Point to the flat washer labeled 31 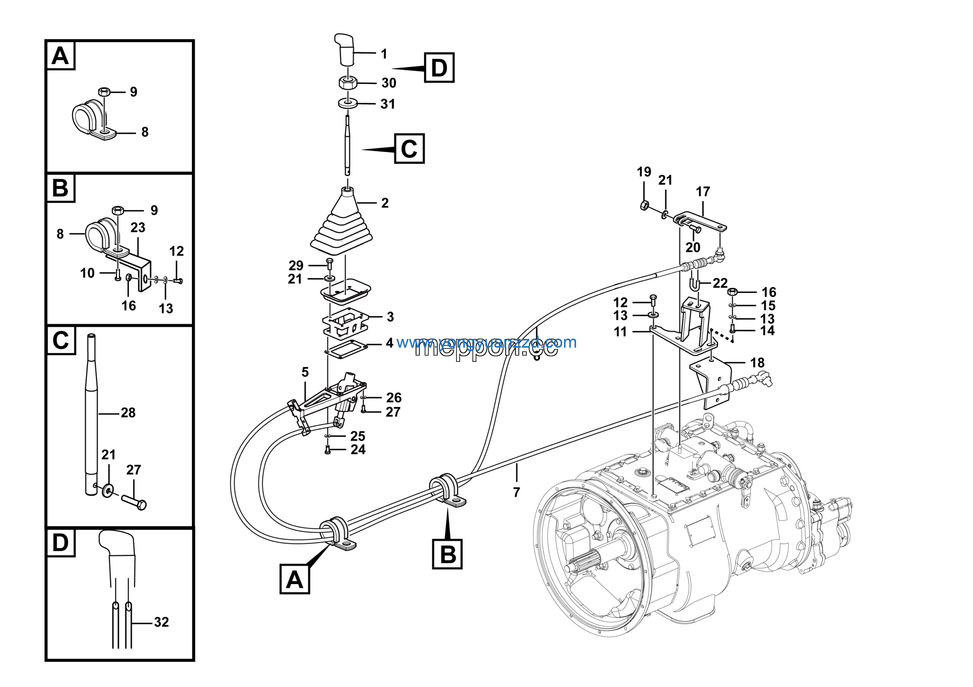[x=347, y=103]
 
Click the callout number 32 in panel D [x=162, y=622]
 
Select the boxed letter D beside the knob [x=439, y=68]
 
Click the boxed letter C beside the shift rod [x=409, y=149]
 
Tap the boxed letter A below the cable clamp [x=295, y=579]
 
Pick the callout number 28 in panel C [x=128, y=413]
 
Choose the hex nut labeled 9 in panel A [x=104, y=91]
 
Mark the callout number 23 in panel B [x=138, y=228]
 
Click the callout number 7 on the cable [x=516, y=492]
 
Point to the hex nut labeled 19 [x=644, y=206]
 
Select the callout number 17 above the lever [x=703, y=192]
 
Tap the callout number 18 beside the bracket [x=757, y=362]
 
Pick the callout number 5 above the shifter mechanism [x=305, y=372]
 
